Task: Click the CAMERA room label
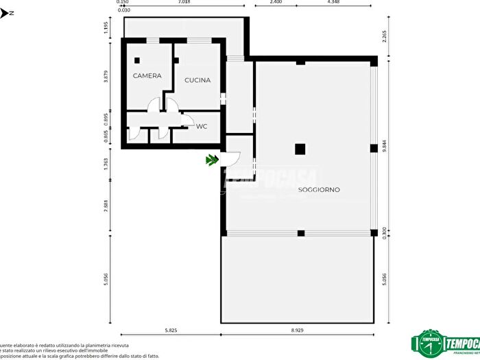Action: point(147,75)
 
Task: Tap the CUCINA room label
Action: point(197,80)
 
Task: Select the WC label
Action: point(202,126)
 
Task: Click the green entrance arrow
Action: point(212,160)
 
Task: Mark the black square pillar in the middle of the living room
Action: point(300,149)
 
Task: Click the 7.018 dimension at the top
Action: point(184,3)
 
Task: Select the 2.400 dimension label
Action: point(276,3)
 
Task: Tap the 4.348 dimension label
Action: point(334,3)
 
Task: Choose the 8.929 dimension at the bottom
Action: point(297,331)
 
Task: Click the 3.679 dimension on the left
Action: point(106,77)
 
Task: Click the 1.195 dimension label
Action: point(106,27)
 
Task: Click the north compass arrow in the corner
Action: point(4,12)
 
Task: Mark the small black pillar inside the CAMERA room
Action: point(137,60)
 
